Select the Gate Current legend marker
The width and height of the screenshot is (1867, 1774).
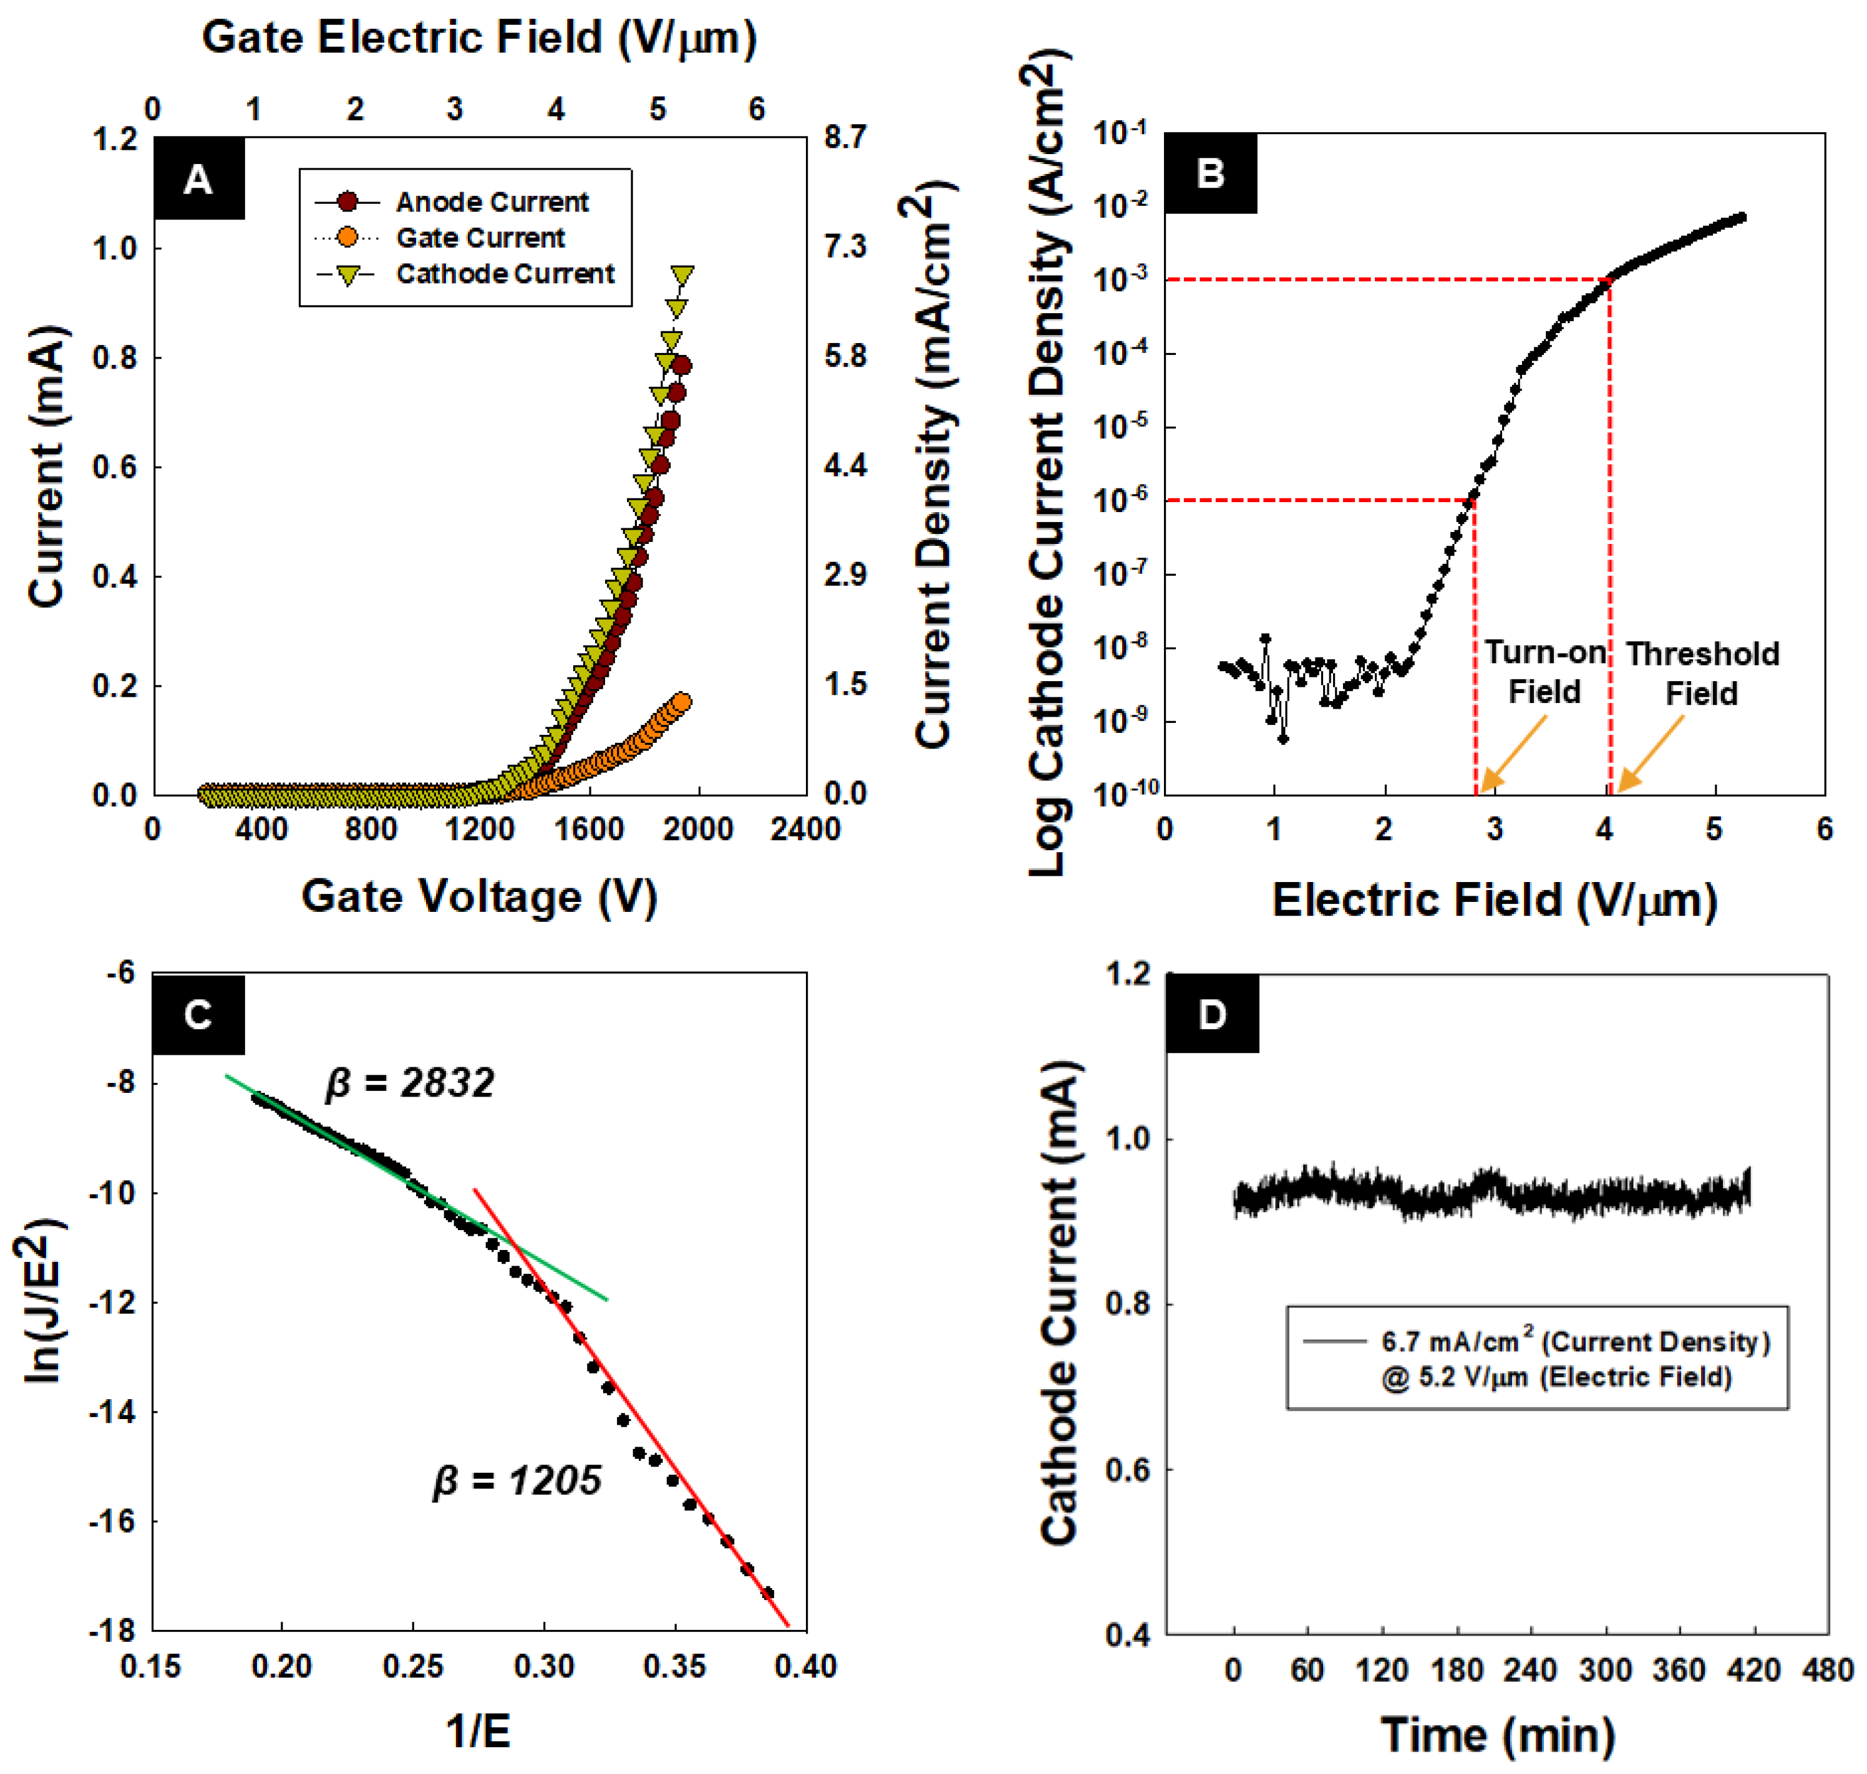[x=347, y=238]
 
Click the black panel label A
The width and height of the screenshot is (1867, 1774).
[x=198, y=179]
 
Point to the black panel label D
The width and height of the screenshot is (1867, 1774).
[x=1211, y=1015]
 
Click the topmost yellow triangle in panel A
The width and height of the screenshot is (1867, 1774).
[x=682, y=275]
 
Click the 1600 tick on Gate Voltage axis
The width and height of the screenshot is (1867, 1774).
[x=588, y=830]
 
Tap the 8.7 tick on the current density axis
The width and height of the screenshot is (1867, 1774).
[x=845, y=137]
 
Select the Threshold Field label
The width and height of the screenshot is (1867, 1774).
[x=1702, y=673]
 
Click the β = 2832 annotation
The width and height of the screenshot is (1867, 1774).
[x=410, y=1083]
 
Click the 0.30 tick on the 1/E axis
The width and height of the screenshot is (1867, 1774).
[x=544, y=1665]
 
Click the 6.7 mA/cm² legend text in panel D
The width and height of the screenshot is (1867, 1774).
[x=1574, y=1342]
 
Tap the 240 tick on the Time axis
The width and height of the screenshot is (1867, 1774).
[x=1530, y=1670]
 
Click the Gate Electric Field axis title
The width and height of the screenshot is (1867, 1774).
[x=480, y=38]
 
